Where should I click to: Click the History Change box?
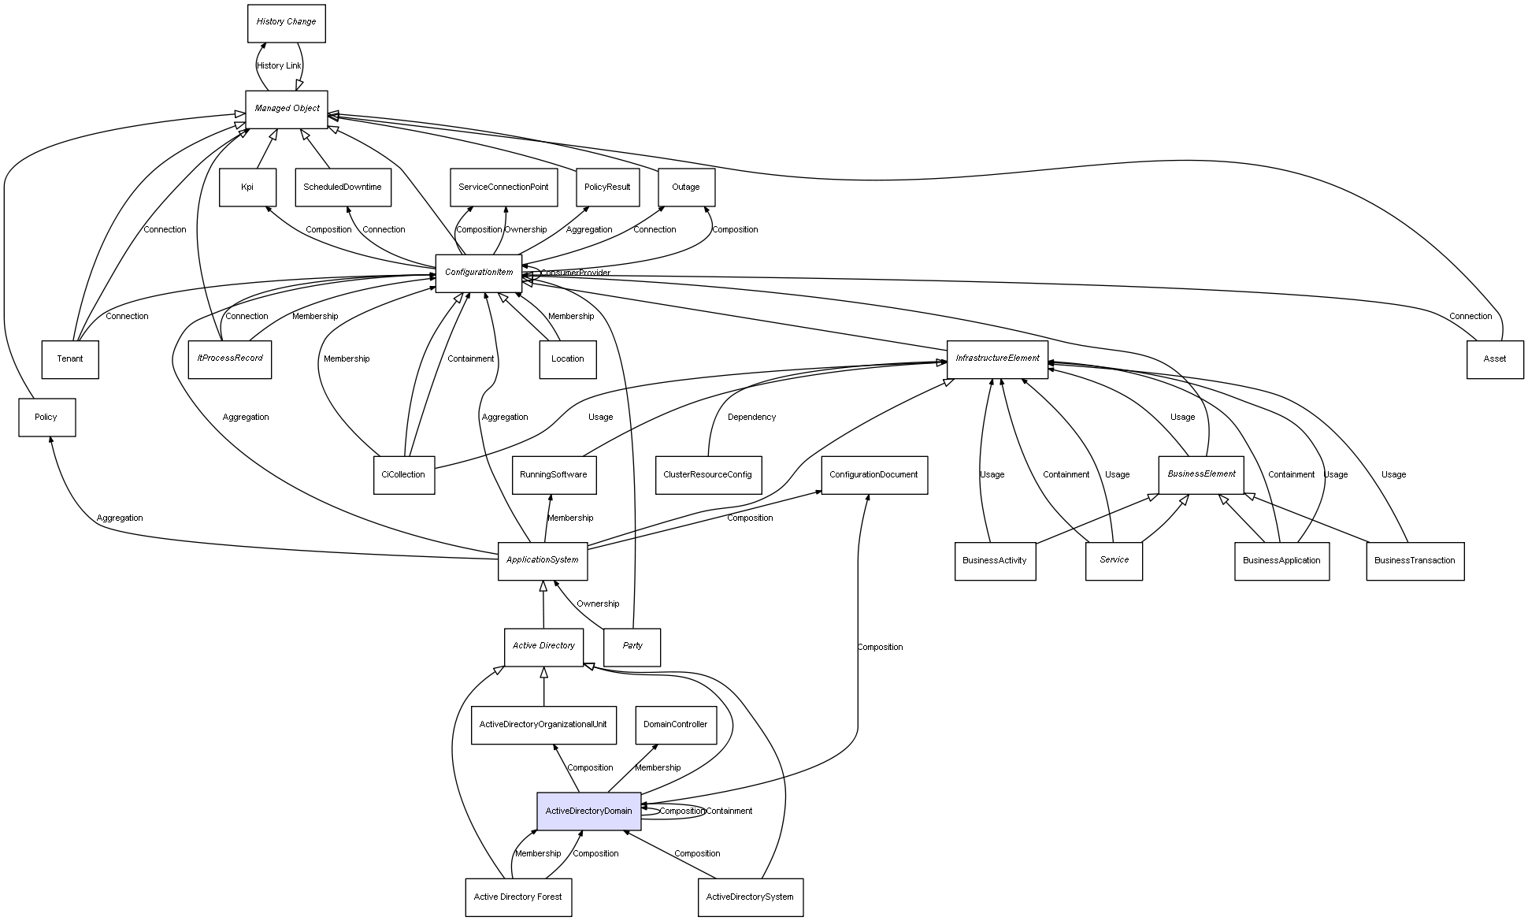click(x=286, y=23)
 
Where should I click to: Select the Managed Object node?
click(x=286, y=109)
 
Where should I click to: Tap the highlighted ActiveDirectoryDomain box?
click(x=588, y=811)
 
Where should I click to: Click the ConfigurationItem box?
click(x=478, y=273)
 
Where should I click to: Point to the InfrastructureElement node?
click(x=997, y=358)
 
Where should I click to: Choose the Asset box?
click(x=1494, y=359)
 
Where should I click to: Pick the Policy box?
click(x=46, y=417)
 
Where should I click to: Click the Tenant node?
click(x=70, y=359)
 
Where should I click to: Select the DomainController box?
click(x=675, y=725)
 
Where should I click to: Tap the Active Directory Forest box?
click(x=518, y=897)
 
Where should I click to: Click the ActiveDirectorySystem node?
click(x=750, y=897)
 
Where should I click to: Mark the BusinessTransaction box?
click(x=1415, y=560)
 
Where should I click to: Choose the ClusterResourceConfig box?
click(x=707, y=474)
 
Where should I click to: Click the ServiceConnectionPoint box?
click(x=503, y=188)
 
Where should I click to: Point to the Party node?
click(x=632, y=646)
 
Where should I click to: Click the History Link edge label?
click(x=279, y=66)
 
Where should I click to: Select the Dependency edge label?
click(x=751, y=417)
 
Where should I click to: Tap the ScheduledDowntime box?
click(x=343, y=188)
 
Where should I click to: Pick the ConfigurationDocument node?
click(x=873, y=474)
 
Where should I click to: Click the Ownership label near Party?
click(x=598, y=603)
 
